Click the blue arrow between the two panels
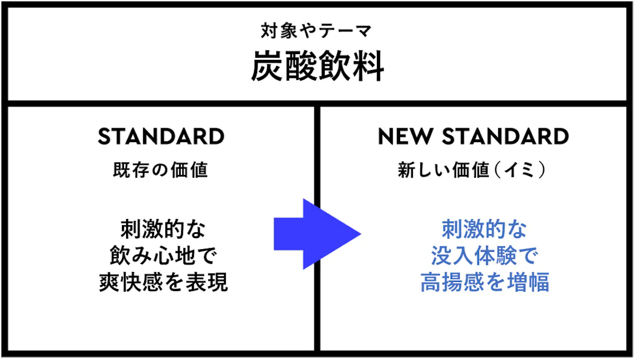click(x=317, y=234)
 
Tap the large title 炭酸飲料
click(x=317, y=66)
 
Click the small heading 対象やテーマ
click(x=316, y=31)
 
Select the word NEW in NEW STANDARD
click(x=405, y=136)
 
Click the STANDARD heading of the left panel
click(x=161, y=136)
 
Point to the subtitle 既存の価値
click(x=161, y=170)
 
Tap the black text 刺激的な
click(x=163, y=229)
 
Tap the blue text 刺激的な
click(x=484, y=229)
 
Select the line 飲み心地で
click(x=163, y=256)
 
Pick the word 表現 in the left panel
click(x=207, y=283)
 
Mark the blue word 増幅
click(x=528, y=283)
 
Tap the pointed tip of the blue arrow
click(x=361, y=234)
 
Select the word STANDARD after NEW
click(x=506, y=136)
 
